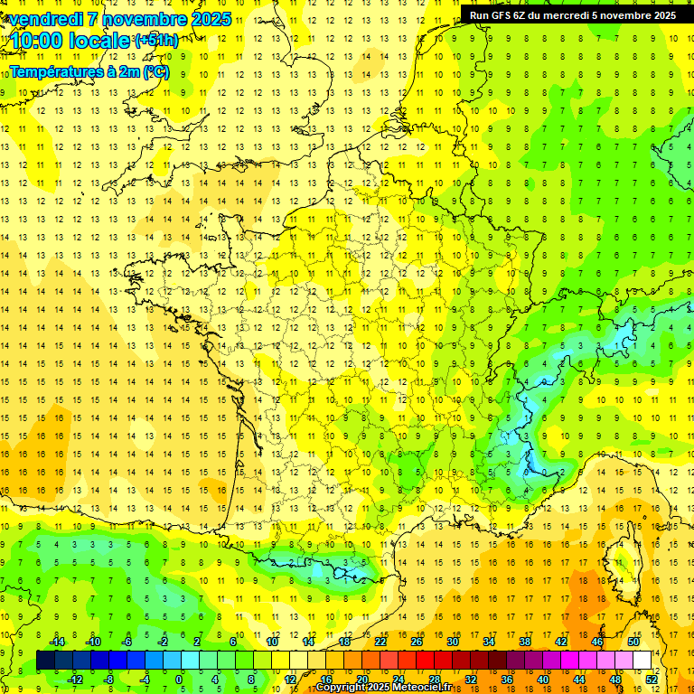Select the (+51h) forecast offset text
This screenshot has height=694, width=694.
[155, 40]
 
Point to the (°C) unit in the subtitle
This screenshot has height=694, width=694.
[155, 71]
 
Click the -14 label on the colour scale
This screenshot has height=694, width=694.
[57, 642]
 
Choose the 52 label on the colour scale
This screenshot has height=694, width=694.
[652, 679]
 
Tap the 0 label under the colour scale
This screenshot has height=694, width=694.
[179, 679]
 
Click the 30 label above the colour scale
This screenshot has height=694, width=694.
[452, 642]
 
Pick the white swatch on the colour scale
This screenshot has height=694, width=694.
[642, 660]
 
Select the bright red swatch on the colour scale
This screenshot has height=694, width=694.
[425, 660]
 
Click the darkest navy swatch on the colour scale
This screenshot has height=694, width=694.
[45, 660]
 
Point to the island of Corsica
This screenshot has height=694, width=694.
[620, 560]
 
